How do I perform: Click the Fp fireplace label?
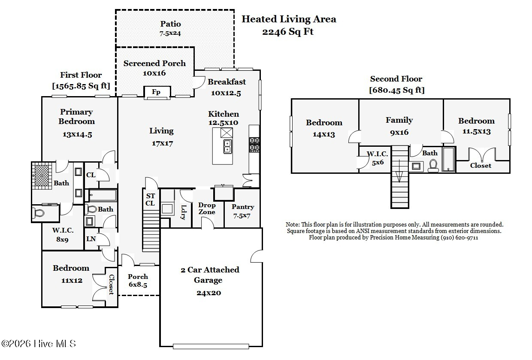click(156, 92)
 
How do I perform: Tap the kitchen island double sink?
click(227, 146)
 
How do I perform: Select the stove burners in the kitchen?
click(254, 144)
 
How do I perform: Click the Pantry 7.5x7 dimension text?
click(242, 216)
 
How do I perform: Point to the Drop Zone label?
click(207, 209)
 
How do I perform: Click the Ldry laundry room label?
click(184, 212)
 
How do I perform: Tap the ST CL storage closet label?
click(150, 200)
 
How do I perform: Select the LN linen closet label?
click(91, 239)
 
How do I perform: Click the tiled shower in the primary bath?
click(42, 176)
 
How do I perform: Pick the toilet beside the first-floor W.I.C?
click(39, 213)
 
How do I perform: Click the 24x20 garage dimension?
click(209, 293)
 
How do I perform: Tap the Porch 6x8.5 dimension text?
click(138, 284)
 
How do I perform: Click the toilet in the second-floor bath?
click(433, 166)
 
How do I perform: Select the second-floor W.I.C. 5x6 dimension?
click(378, 163)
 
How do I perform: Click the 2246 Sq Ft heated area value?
click(288, 32)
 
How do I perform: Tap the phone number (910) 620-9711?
click(459, 237)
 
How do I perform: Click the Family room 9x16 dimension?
click(399, 132)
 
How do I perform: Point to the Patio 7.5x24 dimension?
click(170, 33)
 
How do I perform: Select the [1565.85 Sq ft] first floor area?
click(81, 86)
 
